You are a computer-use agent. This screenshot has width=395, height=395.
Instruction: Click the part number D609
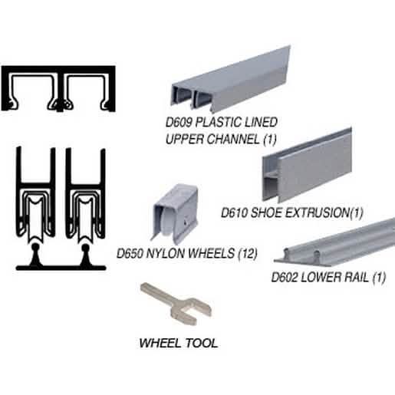179,122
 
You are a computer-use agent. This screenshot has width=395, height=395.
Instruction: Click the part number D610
234,212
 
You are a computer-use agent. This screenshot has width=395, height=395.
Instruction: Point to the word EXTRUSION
317,212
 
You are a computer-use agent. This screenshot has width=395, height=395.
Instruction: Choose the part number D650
130,253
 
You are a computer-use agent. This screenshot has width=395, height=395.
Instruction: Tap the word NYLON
165,253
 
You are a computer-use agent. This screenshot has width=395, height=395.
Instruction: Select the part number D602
285,277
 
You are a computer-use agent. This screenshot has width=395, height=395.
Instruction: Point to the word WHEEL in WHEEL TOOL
160,343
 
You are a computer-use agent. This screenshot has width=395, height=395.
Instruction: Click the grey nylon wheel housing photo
176,212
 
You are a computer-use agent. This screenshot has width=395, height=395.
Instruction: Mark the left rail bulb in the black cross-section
35,248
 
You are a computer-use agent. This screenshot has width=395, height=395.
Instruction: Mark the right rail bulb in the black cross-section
85,248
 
